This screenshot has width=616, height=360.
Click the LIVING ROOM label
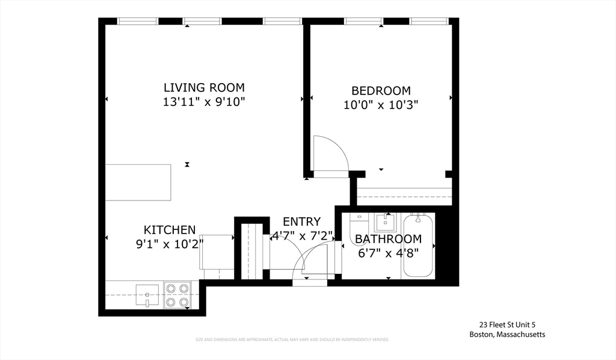pos(204,87)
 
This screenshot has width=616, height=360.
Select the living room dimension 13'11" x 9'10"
pos(204,102)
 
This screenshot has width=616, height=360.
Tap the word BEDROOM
pos(381,90)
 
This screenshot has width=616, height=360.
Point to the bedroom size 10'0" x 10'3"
pos(381,105)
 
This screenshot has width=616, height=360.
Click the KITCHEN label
pos(170,229)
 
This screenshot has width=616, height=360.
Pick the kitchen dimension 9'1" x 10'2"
pos(170,244)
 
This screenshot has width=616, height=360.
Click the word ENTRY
pos(301,222)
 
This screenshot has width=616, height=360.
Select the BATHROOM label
pos(388,239)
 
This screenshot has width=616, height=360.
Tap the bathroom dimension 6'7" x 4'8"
pos(388,253)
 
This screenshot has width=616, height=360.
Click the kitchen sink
pos(147,295)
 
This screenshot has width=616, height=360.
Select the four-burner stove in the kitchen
pos(177,295)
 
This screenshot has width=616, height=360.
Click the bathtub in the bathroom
pos(418,245)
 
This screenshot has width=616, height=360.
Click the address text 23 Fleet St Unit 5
pos(507,324)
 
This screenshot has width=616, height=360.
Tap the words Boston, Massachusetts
pos(507,335)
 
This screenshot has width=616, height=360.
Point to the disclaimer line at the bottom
pos(292,340)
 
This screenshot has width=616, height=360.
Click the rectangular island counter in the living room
pos(138,182)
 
